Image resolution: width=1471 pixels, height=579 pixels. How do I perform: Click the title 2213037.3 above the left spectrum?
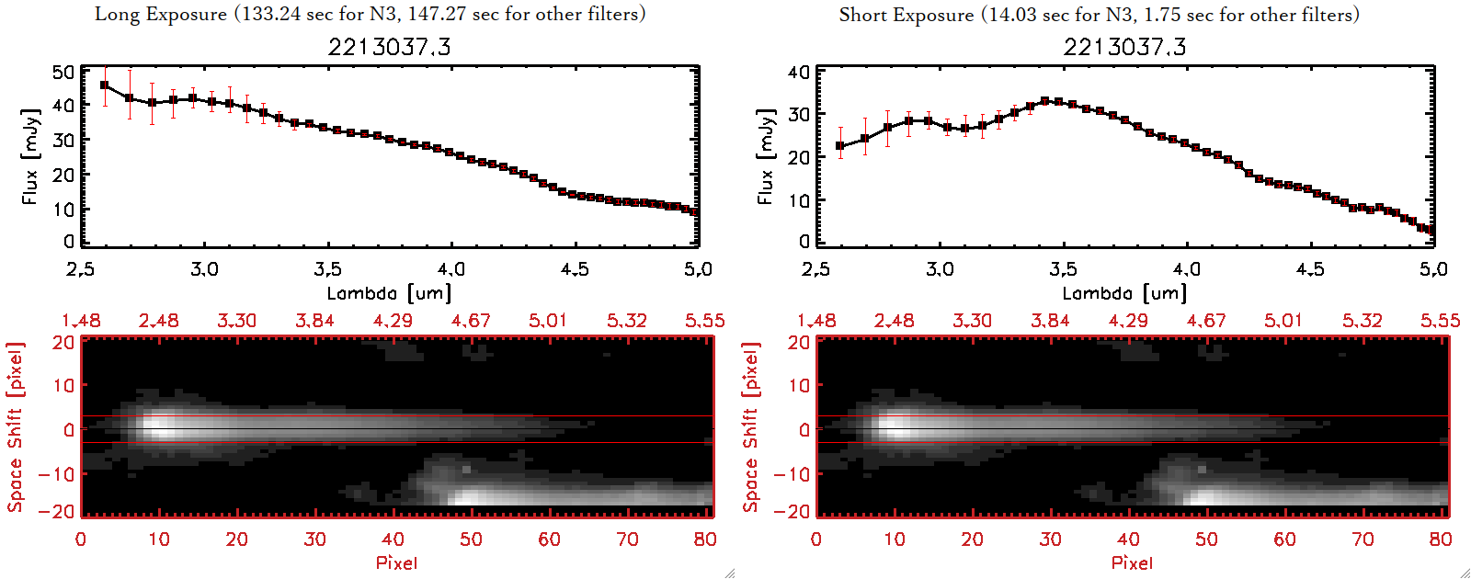pos(389,47)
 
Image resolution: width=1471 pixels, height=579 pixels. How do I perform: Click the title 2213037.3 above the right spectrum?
pos(1124,47)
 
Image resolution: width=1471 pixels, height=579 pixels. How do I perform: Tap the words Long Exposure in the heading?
pos(161,14)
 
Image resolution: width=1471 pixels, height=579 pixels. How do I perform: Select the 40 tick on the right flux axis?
pos(799,73)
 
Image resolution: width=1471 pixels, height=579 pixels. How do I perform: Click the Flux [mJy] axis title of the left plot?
pos(30,156)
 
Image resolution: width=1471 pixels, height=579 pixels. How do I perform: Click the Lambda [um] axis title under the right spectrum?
pos(1124,293)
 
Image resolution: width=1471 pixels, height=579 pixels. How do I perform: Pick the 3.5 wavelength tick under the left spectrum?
pos(327,269)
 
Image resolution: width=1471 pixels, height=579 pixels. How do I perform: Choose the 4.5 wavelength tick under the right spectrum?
pos(1310,269)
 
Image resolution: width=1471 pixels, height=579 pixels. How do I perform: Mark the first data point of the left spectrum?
pos(105,85)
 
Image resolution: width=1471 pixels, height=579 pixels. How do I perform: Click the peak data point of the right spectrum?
pos(1044,101)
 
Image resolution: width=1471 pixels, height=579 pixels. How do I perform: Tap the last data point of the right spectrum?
pos(1431,231)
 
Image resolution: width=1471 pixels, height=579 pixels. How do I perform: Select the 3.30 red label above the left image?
pos(236,321)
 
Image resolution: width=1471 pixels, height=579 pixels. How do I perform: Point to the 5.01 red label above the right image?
pos(1283,321)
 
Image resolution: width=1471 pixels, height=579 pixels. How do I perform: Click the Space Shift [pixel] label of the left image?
pos(15,427)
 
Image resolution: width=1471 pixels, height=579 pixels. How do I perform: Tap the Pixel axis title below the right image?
pos(1132,562)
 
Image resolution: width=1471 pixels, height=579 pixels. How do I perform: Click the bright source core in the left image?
pos(158,426)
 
